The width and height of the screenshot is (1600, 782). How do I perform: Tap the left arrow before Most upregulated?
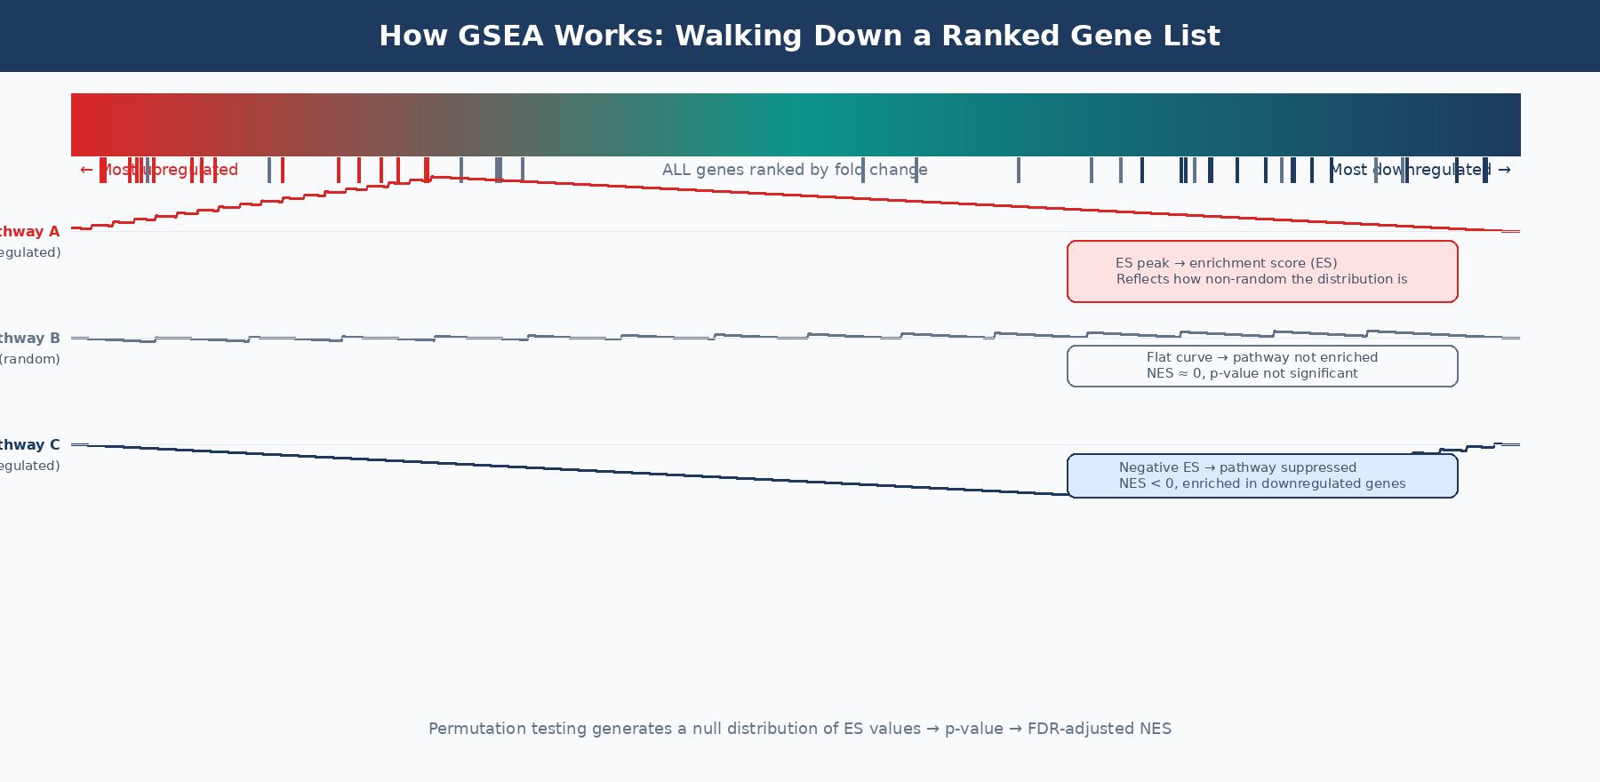coord(86,170)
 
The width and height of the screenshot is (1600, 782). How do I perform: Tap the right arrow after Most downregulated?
coord(1504,170)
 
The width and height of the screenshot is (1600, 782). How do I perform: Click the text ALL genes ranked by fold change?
coord(795,170)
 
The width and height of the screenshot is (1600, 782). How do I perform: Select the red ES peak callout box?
coord(1262,272)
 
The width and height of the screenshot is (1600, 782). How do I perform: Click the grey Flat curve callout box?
coord(1262,366)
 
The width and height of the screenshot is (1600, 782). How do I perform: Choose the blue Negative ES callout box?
coord(1262,476)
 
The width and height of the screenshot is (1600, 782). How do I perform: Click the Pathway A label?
coord(30,232)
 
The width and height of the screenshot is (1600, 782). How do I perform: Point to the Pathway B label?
coord(30,339)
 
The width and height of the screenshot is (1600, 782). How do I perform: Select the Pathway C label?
coord(30,445)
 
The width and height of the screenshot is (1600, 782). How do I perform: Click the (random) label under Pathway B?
coord(30,359)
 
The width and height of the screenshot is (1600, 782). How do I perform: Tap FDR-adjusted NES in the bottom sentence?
coord(1099,729)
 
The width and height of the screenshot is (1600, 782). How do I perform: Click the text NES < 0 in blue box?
coord(1140,484)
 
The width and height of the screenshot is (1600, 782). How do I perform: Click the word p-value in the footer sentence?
coord(973,729)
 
